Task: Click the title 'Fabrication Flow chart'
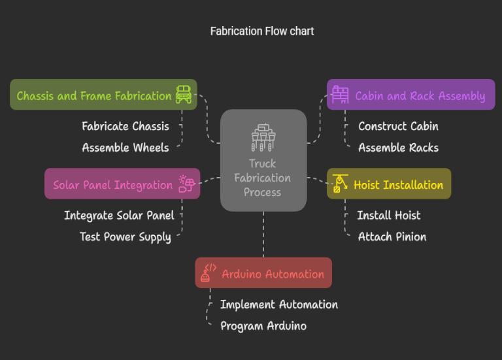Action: (261, 31)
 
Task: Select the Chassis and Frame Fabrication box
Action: (94, 95)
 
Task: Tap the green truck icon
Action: (184, 95)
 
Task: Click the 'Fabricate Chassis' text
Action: (125, 126)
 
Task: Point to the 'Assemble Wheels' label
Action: (125, 148)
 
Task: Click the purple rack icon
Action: (340, 95)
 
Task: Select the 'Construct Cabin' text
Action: (398, 126)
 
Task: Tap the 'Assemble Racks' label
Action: (398, 148)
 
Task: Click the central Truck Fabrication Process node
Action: (263, 178)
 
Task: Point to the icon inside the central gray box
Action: (263, 137)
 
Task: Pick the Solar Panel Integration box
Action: (112, 185)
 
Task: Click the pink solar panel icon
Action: (186, 184)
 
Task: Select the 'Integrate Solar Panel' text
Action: (119, 216)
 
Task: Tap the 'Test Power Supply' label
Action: (125, 237)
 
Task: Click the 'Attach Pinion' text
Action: (392, 237)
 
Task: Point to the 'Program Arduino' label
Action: (263, 326)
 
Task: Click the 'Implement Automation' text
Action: (278, 304)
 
